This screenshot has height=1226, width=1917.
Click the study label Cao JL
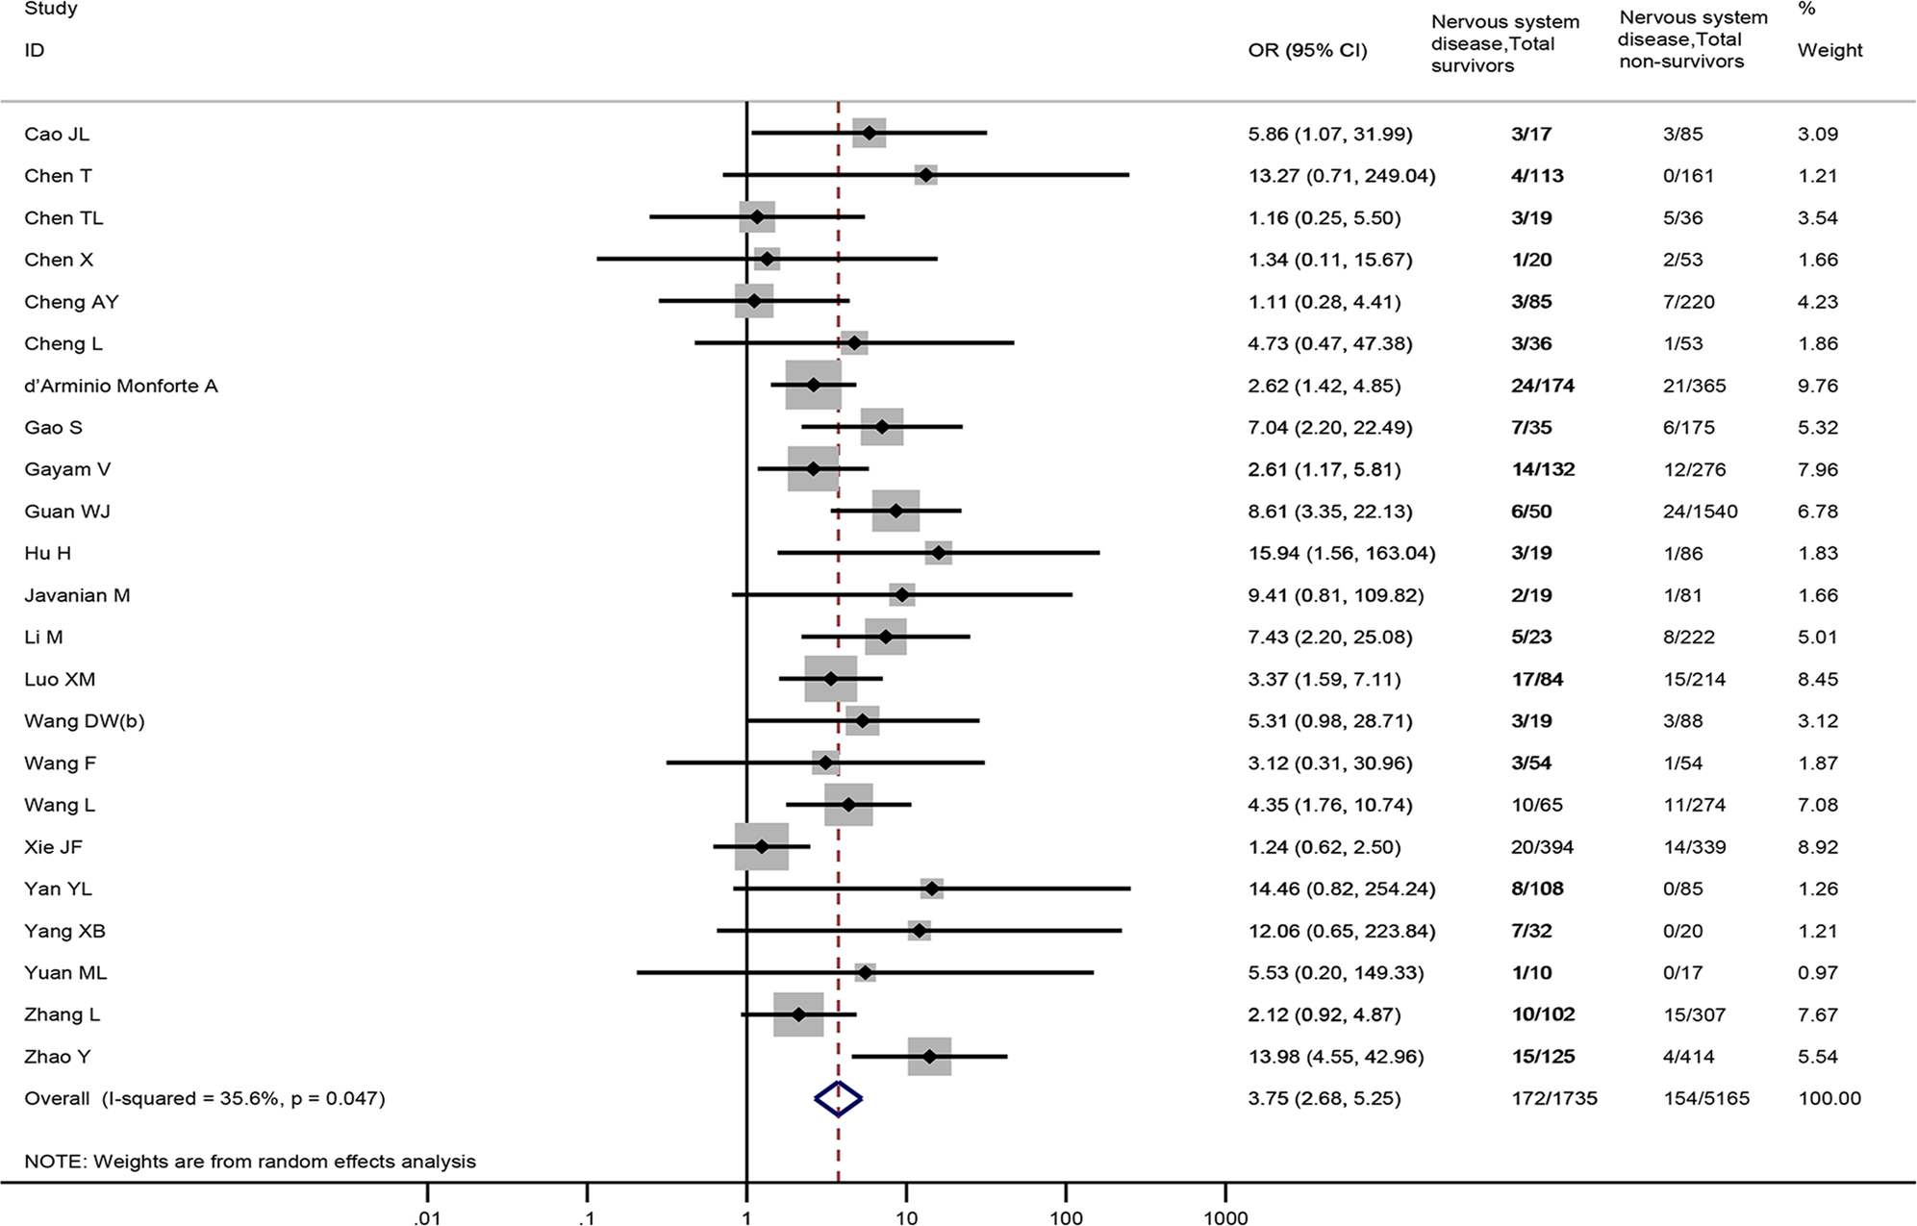(57, 134)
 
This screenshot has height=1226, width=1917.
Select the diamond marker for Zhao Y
(929, 1056)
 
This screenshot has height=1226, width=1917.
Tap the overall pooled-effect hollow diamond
(838, 1098)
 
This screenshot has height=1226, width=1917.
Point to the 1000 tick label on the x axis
(1224, 1218)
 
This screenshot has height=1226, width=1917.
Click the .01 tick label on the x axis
(427, 1218)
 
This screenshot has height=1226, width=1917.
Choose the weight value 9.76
(1817, 386)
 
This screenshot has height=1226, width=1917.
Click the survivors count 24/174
(1543, 386)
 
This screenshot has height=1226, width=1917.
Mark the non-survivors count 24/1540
(1700, 512)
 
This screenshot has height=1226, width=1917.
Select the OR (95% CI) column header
(1307, 50)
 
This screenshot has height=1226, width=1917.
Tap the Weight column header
(1829, 50)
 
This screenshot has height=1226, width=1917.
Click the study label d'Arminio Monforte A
(121, 386)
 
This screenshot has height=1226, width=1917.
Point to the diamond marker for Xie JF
(762, 847)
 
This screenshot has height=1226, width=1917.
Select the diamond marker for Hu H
(938, 553)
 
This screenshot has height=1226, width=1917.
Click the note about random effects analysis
(250, 1161)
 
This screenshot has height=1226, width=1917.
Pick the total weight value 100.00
(1829, 1098)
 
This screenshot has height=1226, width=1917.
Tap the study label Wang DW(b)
(85, 721)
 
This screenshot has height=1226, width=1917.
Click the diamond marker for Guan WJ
(895, 512)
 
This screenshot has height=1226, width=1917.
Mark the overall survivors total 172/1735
(1553, 1098)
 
